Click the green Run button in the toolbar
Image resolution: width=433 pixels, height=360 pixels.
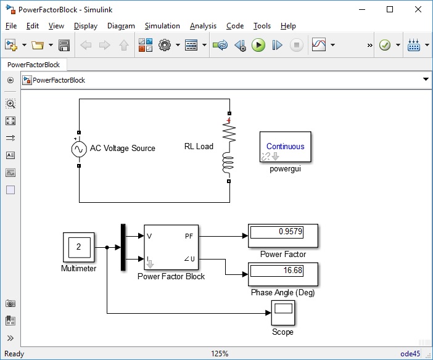258,45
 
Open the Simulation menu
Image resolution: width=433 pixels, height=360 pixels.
162,26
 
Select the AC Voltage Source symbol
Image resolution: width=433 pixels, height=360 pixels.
79,149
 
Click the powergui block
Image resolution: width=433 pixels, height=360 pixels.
286,147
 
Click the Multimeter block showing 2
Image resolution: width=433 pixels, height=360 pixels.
78,248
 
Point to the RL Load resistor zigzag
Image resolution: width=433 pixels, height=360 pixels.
229,133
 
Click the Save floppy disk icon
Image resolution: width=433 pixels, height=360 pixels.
64,45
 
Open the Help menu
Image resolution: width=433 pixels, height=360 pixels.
288,26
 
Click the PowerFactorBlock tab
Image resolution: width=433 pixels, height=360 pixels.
34,64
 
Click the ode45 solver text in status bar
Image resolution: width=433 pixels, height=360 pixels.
410,354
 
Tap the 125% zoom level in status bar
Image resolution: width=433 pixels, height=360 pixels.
220,354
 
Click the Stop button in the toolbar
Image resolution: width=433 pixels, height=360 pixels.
297,45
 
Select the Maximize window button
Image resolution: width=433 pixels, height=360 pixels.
389,9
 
